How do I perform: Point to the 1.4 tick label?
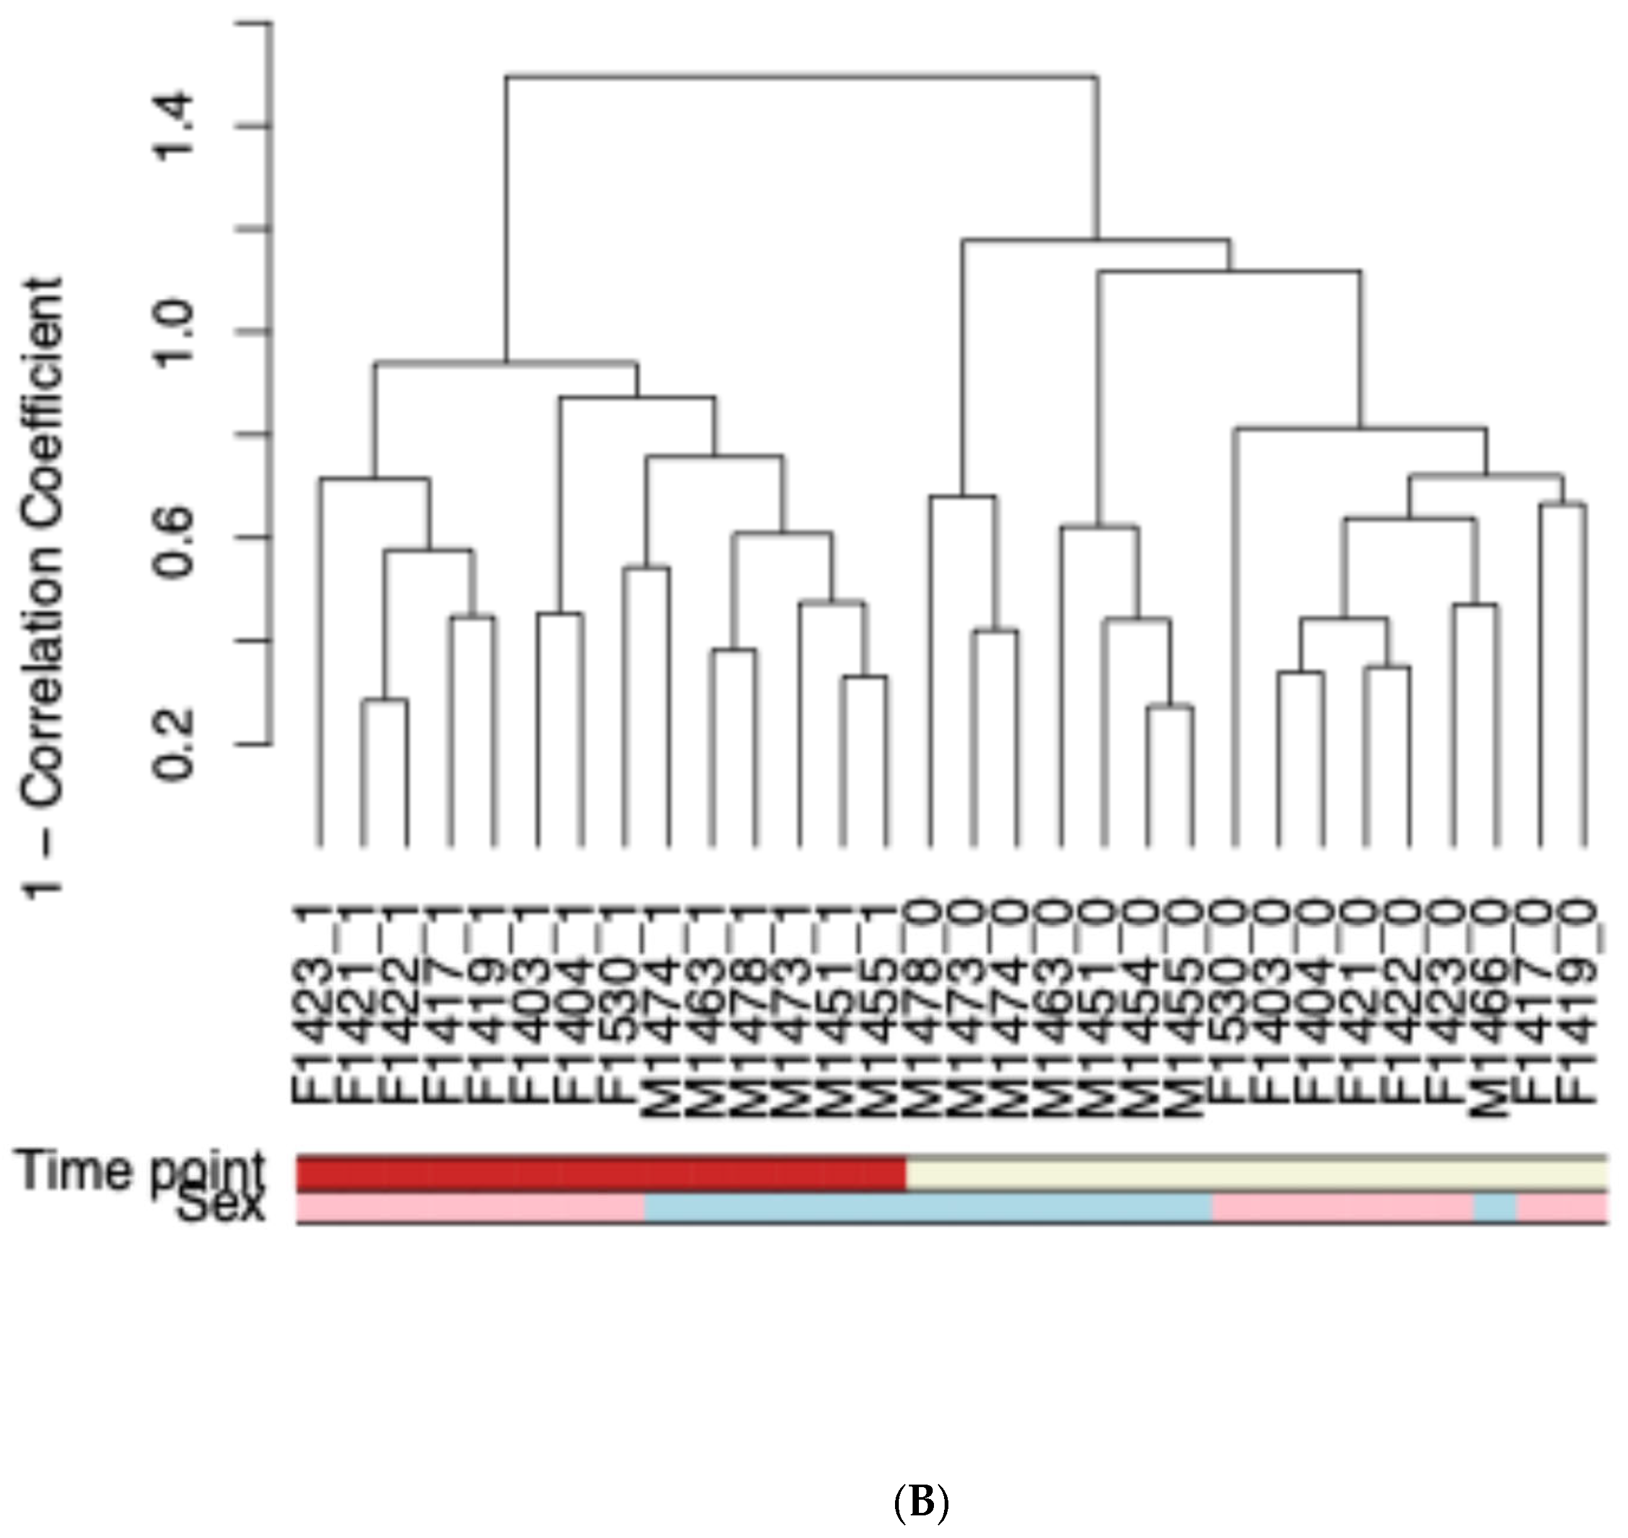pyautogui.click(x=176, y=126)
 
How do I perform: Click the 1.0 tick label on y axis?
pyautogui.click(x=176, y=331)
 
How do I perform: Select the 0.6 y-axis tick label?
pyautogui.click(x=176, y=538)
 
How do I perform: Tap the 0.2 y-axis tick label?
pyautogui.click(x=176, y=744)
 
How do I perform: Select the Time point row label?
pyautogui.click(x=139, y=1170)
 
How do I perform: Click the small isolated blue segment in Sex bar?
pyautogui.click(x=1495, y=1208)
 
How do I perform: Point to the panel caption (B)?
pyautogui.click(x=921, y=1502)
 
